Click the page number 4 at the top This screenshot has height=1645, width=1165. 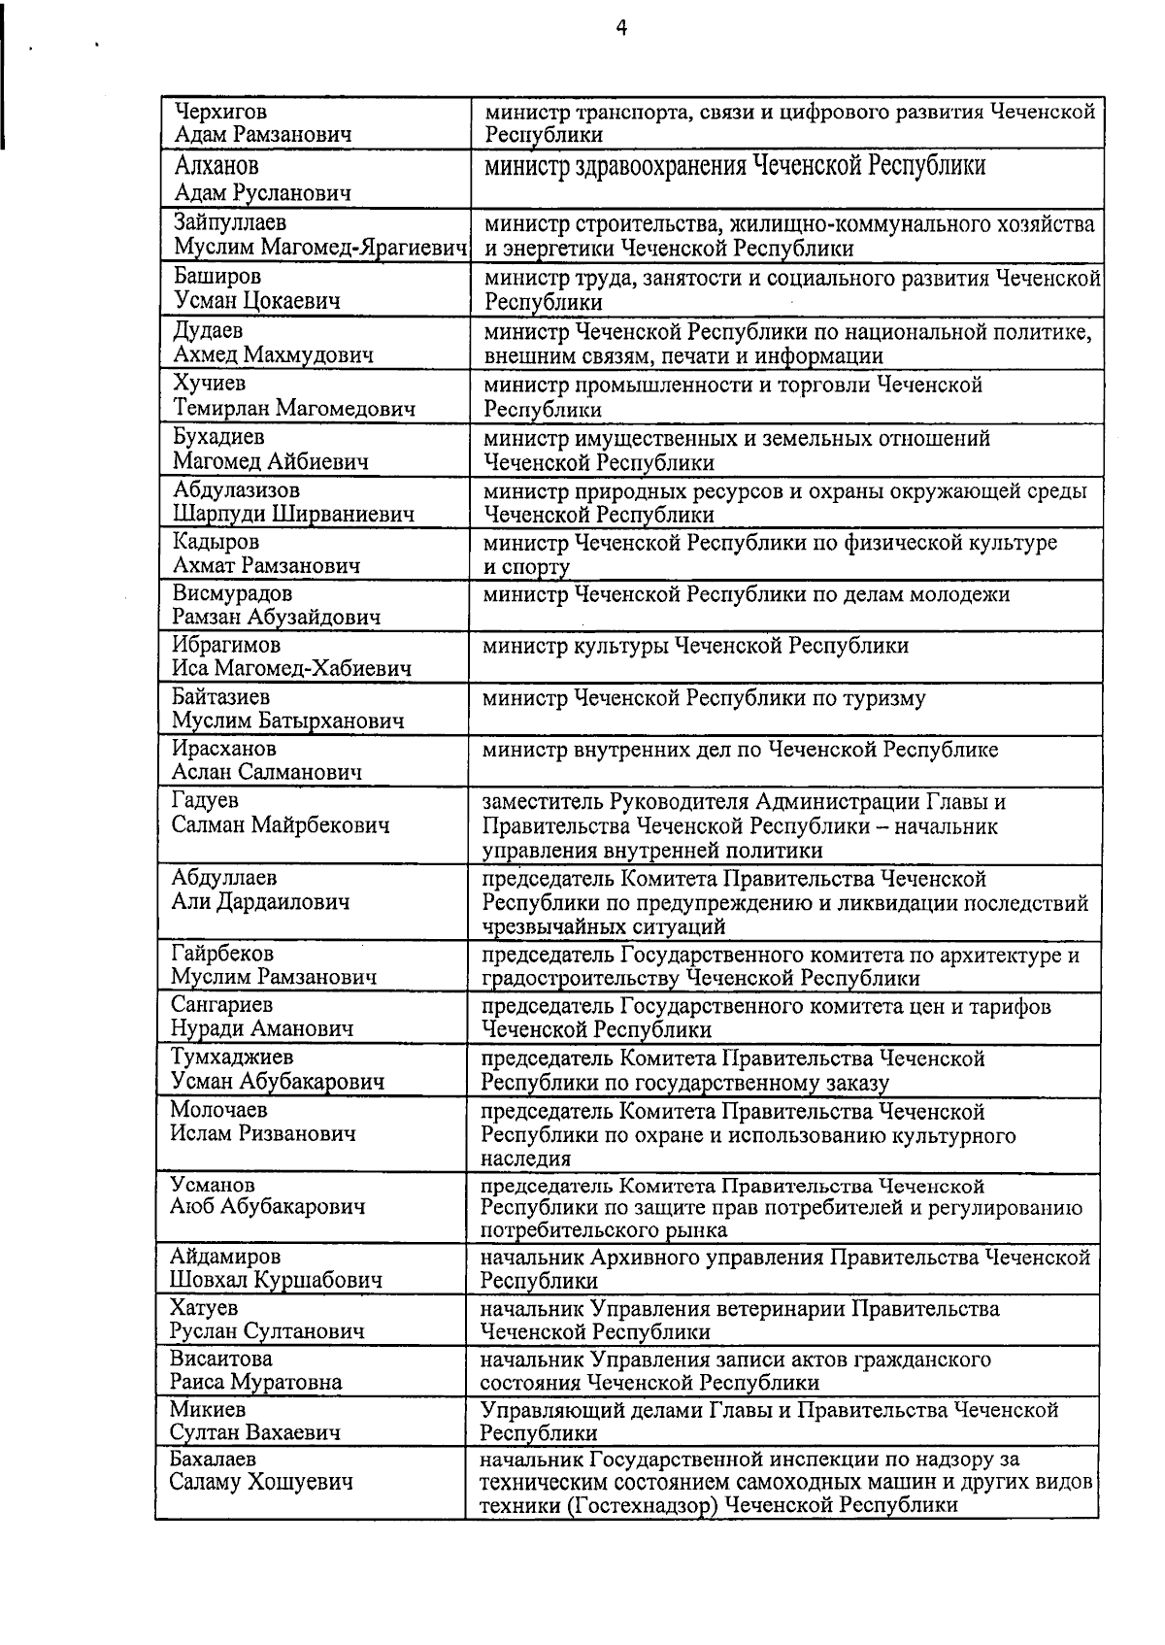[621, 28]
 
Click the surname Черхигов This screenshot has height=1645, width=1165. [219, 111]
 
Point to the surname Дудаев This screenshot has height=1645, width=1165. [208, 331]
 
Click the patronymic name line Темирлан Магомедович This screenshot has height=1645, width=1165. [294, 409]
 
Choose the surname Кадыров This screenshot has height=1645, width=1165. [216, 542]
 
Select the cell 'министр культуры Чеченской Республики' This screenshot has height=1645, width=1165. [696, 646]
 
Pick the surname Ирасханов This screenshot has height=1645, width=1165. [224, 749]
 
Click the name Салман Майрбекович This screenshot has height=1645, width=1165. [281, 825]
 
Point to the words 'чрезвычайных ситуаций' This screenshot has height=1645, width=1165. [590, 927]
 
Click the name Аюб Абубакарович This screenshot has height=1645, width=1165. [268, 1207]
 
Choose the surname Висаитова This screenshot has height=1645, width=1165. [221, 1359]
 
